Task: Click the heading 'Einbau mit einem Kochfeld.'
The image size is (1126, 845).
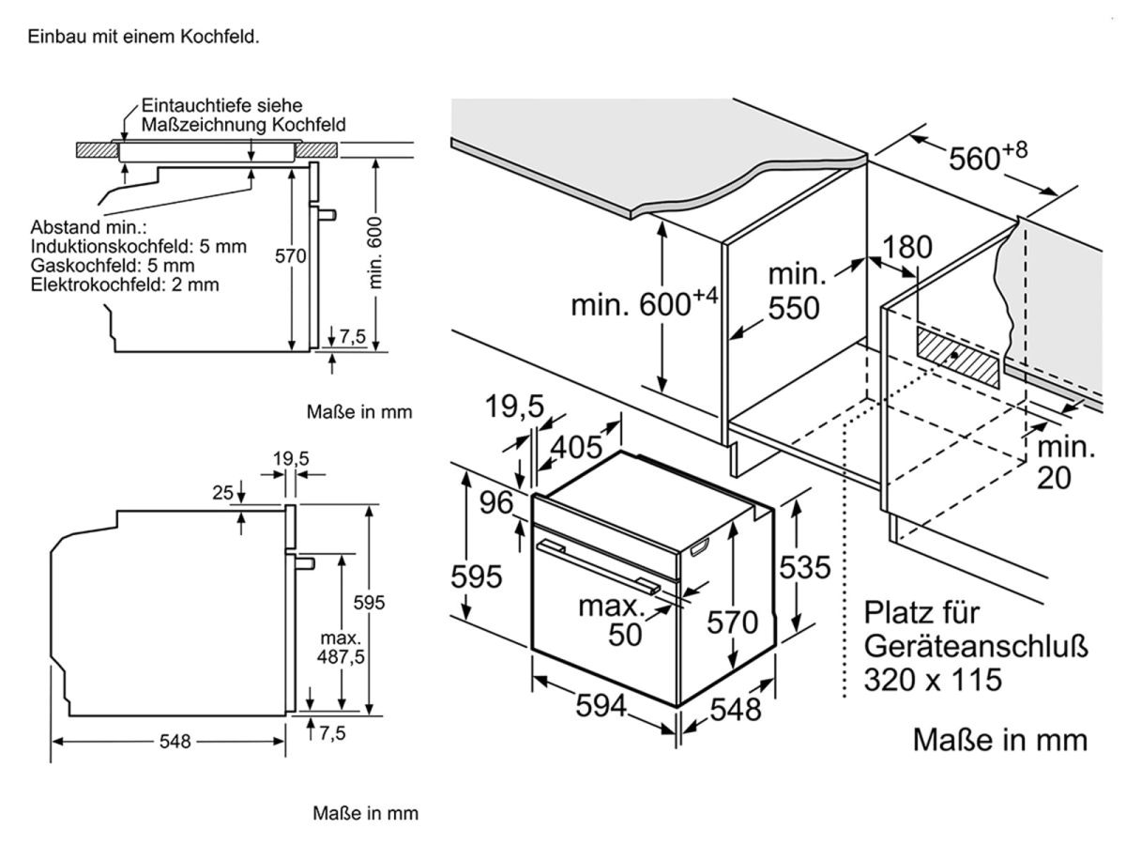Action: pos(144,38)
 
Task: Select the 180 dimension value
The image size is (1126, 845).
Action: pos(907,247)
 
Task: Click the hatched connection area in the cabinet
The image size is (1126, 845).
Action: pos(958,357)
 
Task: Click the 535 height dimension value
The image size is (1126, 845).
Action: pos(804,567)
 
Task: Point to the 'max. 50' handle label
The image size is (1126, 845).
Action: pos(620,620)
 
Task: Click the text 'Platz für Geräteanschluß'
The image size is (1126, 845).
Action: pos(976,631)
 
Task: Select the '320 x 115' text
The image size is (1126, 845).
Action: pos(933,678)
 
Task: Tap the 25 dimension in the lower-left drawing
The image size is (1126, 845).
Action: pos(221,491)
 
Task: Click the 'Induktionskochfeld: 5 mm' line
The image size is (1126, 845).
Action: pos(138,247)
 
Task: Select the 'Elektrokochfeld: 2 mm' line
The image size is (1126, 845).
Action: pos(125,284)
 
